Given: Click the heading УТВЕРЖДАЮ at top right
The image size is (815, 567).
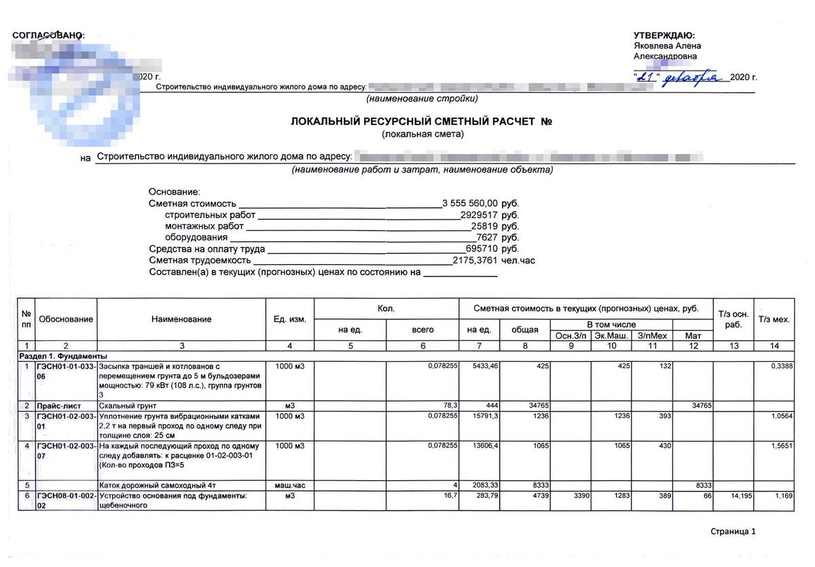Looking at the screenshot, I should click(x=664, y=35).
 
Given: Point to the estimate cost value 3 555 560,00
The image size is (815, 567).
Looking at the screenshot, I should click(x=470, y=203).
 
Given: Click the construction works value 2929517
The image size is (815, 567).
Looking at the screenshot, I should click(x=479, y=215).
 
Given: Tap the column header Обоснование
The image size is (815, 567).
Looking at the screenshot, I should click(x=66, y=318).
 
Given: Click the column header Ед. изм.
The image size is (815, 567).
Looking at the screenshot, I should click(x=290, y=318).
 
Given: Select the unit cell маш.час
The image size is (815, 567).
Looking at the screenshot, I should click(x=290, y=486).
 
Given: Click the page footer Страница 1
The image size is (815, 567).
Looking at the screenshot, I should click(x=733, y=531).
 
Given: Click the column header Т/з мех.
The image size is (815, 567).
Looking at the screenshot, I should click(x=774, y=318).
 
